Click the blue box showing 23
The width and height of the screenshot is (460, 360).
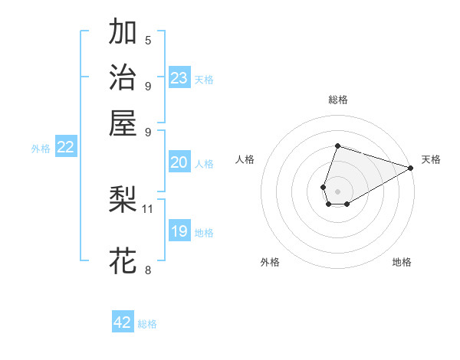179,78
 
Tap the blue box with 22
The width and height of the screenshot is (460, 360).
65,148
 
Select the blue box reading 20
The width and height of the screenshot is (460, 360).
179,162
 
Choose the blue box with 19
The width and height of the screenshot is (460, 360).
179,231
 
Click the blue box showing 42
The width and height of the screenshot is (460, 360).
123,322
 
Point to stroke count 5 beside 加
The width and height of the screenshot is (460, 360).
148,41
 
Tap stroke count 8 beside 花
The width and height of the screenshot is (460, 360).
148,269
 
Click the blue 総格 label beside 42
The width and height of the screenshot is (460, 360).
147,324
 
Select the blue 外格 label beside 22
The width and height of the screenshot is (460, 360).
41,149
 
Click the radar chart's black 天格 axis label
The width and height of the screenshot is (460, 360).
431,159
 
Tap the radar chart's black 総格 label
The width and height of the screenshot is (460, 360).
337,100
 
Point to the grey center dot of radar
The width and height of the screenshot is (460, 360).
337,190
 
